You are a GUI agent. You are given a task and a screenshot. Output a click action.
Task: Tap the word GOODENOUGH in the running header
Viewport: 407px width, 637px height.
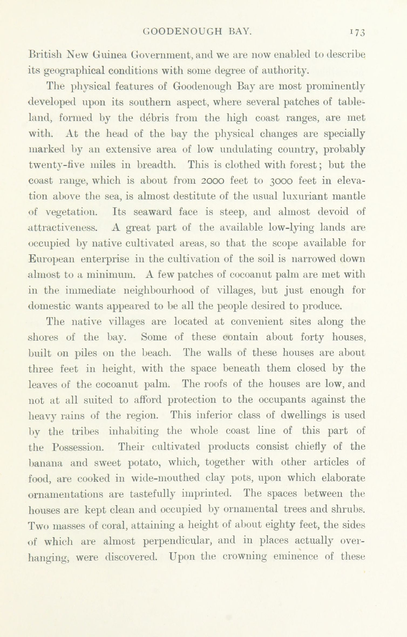pyautogui.click(x=183, y=32)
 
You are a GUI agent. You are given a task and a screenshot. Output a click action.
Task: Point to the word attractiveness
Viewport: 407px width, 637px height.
pyautogui.click(x=62, y=228)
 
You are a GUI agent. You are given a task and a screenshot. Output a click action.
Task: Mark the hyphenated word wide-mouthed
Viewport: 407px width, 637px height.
pyautogui.click(x=165, y=478)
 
